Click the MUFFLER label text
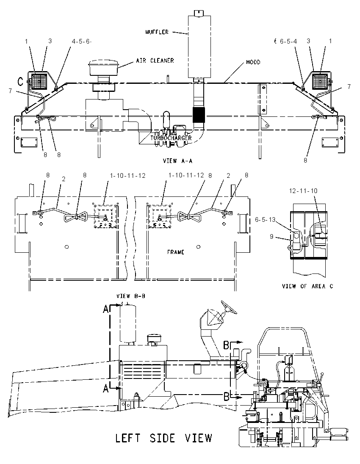tap(157, 32)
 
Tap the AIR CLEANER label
tap(155, 61)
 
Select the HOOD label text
tap(253, 62)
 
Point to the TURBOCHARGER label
tap(171, 138)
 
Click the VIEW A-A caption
tap(177, 161)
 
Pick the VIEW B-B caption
tap(131, 296)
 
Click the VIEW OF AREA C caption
tap(307, 286)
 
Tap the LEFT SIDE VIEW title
tap(163, 438)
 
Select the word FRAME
tap(176, 252)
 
